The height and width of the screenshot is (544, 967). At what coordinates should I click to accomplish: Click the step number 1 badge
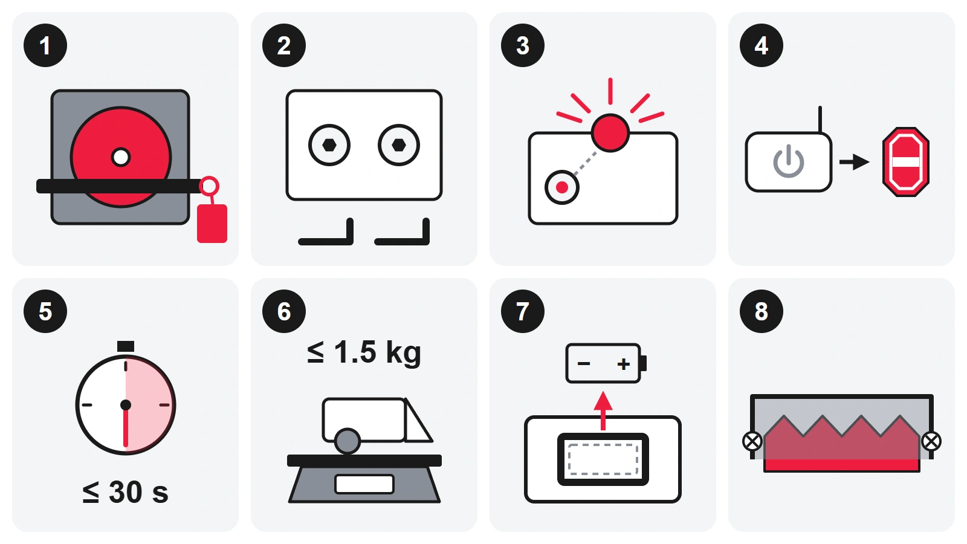coord(45,45)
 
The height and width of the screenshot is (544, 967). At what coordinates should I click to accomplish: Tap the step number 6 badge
coord(284,311)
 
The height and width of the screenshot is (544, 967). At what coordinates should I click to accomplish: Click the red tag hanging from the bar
coord(212,223)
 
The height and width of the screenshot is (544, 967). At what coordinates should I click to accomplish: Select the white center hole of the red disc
coord(121,157)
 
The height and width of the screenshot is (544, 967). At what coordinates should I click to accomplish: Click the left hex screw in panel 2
coord(329,145)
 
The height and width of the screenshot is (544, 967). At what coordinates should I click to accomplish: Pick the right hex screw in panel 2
coord(398,145)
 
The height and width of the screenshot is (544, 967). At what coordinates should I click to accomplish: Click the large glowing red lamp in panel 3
coord(610,133)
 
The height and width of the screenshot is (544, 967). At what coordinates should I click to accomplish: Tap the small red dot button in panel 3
coord(561,187)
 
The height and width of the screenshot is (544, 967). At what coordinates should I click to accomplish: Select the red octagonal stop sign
coord(906,162)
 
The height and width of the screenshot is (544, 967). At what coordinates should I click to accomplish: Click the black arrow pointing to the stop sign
coord(855,162)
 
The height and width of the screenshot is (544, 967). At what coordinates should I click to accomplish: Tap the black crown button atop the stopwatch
coord(126,346)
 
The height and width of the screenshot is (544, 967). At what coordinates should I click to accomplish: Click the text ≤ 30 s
coord(125,492)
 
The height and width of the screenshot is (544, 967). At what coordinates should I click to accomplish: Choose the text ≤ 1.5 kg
coord(364,352)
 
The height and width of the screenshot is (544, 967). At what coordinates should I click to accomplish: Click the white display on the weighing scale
coord(364,484)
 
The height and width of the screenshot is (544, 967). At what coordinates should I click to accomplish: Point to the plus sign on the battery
coord(623,364)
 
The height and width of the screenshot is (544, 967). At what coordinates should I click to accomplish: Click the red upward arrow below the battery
coord(603,410)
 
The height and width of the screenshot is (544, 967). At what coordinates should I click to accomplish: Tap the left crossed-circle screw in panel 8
coord(752,442)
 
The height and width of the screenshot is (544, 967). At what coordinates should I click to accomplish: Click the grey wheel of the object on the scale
coord(348,441)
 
